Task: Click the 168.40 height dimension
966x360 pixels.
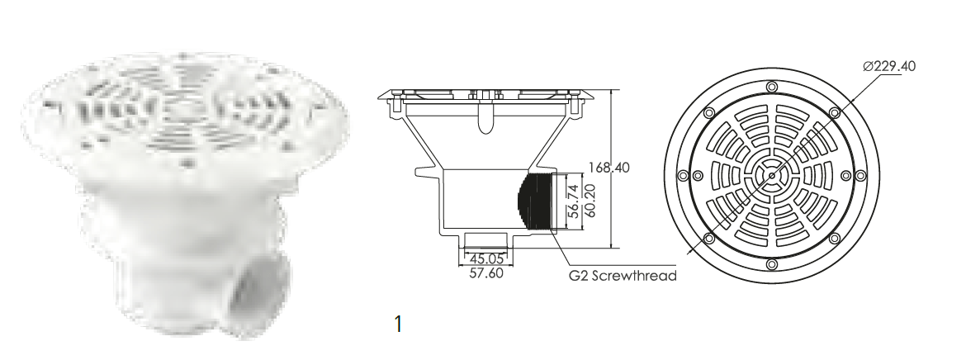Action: pyautogui.click(x=608, y=168)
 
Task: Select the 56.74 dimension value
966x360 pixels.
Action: pyautogui.click(x=574, y=201)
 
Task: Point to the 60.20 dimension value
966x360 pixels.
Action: pyautogui.click(x=590, y=201)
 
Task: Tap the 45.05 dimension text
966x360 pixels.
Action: pyautogui.click(x=486, y=259)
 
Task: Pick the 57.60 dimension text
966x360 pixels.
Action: pyautogui.click(x=486, y=272)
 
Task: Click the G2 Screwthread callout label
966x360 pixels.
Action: pyautogui.click(x=623, y=276)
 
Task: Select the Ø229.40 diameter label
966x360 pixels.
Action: pyautogui.click(x=889, y=66)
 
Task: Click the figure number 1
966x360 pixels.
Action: pyautogui.click(x=398, y=324)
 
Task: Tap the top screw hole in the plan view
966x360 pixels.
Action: pyautogui.click(x=771, y=86)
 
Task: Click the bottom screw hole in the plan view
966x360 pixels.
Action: pyautogui.click(x=771, y=264)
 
